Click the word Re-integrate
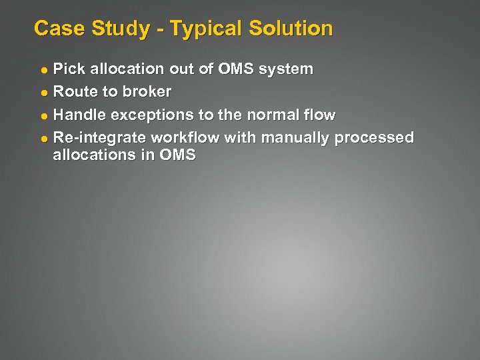[99, 138]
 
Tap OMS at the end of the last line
[177, 155]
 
